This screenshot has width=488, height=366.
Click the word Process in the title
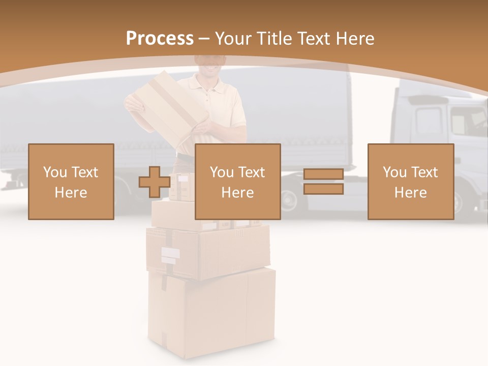pyautogui.click(x=160, y=38)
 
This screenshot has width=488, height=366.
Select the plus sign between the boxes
pyautogui.click(x=155, y=182)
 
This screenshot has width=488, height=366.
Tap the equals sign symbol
pyautogui.click(x=323, y=181)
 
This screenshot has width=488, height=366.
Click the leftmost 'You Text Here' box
pyautogui.click(x=71, y=181)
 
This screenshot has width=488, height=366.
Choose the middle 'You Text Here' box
pyautogui.click(x=238, y=181)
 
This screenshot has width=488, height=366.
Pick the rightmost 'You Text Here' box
pyautogui.click(x=411, y=181)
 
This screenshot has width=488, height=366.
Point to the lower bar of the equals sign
pyautogui.click(x=323, y=189)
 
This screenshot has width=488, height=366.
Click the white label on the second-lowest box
pyautogui.click(x=170, y=253)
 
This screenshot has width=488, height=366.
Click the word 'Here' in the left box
pyautogui.click(x=71, y=193)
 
